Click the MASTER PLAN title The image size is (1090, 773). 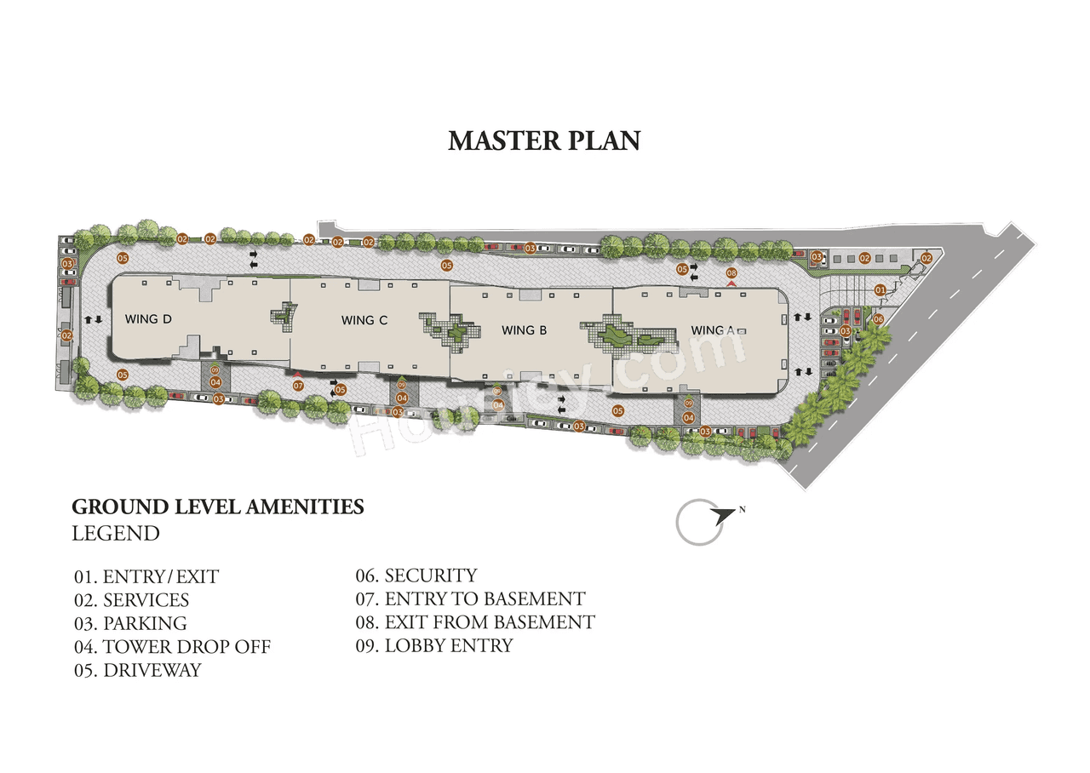click(544, 140)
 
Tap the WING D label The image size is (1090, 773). click(149, 319)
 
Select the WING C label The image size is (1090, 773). click(364, 320)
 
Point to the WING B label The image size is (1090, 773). click(524, 330)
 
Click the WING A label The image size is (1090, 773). click(713, 330)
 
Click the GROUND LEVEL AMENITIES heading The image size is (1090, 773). click(218, 507)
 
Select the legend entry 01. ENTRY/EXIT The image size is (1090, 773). click(146, 577)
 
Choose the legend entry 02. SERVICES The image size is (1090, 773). click(131, 600)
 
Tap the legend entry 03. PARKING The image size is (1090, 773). click(130, 623)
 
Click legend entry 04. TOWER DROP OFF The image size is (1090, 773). click(172, 647)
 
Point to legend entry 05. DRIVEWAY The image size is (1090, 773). click(138, 670)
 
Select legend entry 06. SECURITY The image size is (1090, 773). click(416, 576)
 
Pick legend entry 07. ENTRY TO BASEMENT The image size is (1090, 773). click(470, 599)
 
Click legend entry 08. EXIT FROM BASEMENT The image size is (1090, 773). click(475, 622)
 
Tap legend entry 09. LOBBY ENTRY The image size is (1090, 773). click(434, 645)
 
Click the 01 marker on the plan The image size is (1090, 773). click(881, 290)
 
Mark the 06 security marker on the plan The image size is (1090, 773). click(878, 319)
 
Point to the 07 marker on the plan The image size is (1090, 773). click(299, 386)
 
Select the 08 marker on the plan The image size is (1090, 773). click(731, 272)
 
